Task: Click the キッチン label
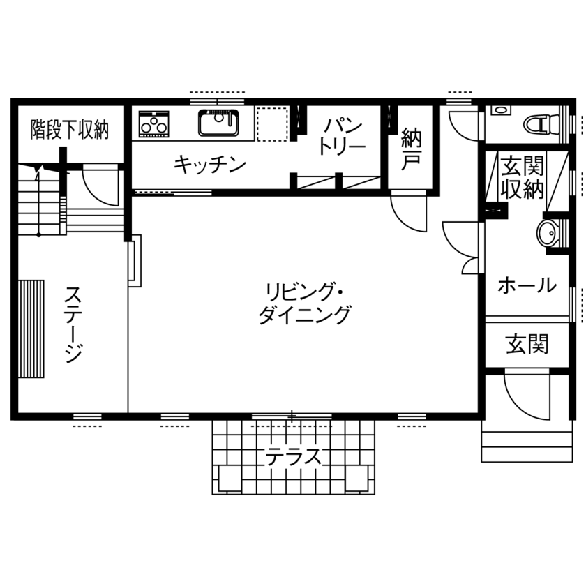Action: click(209, 165)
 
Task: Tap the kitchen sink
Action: click(219, 123)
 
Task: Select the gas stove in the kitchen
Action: click(153, 123)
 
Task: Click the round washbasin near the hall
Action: click(546, 232)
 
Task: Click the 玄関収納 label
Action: click(522, 178)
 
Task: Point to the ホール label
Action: click(527, 285)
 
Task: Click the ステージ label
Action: click(74, 323)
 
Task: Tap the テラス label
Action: click(293, 457)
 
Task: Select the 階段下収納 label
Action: click(70, 130)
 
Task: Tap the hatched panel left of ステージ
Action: click(31, 328)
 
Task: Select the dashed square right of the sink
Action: click(272, 123)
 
